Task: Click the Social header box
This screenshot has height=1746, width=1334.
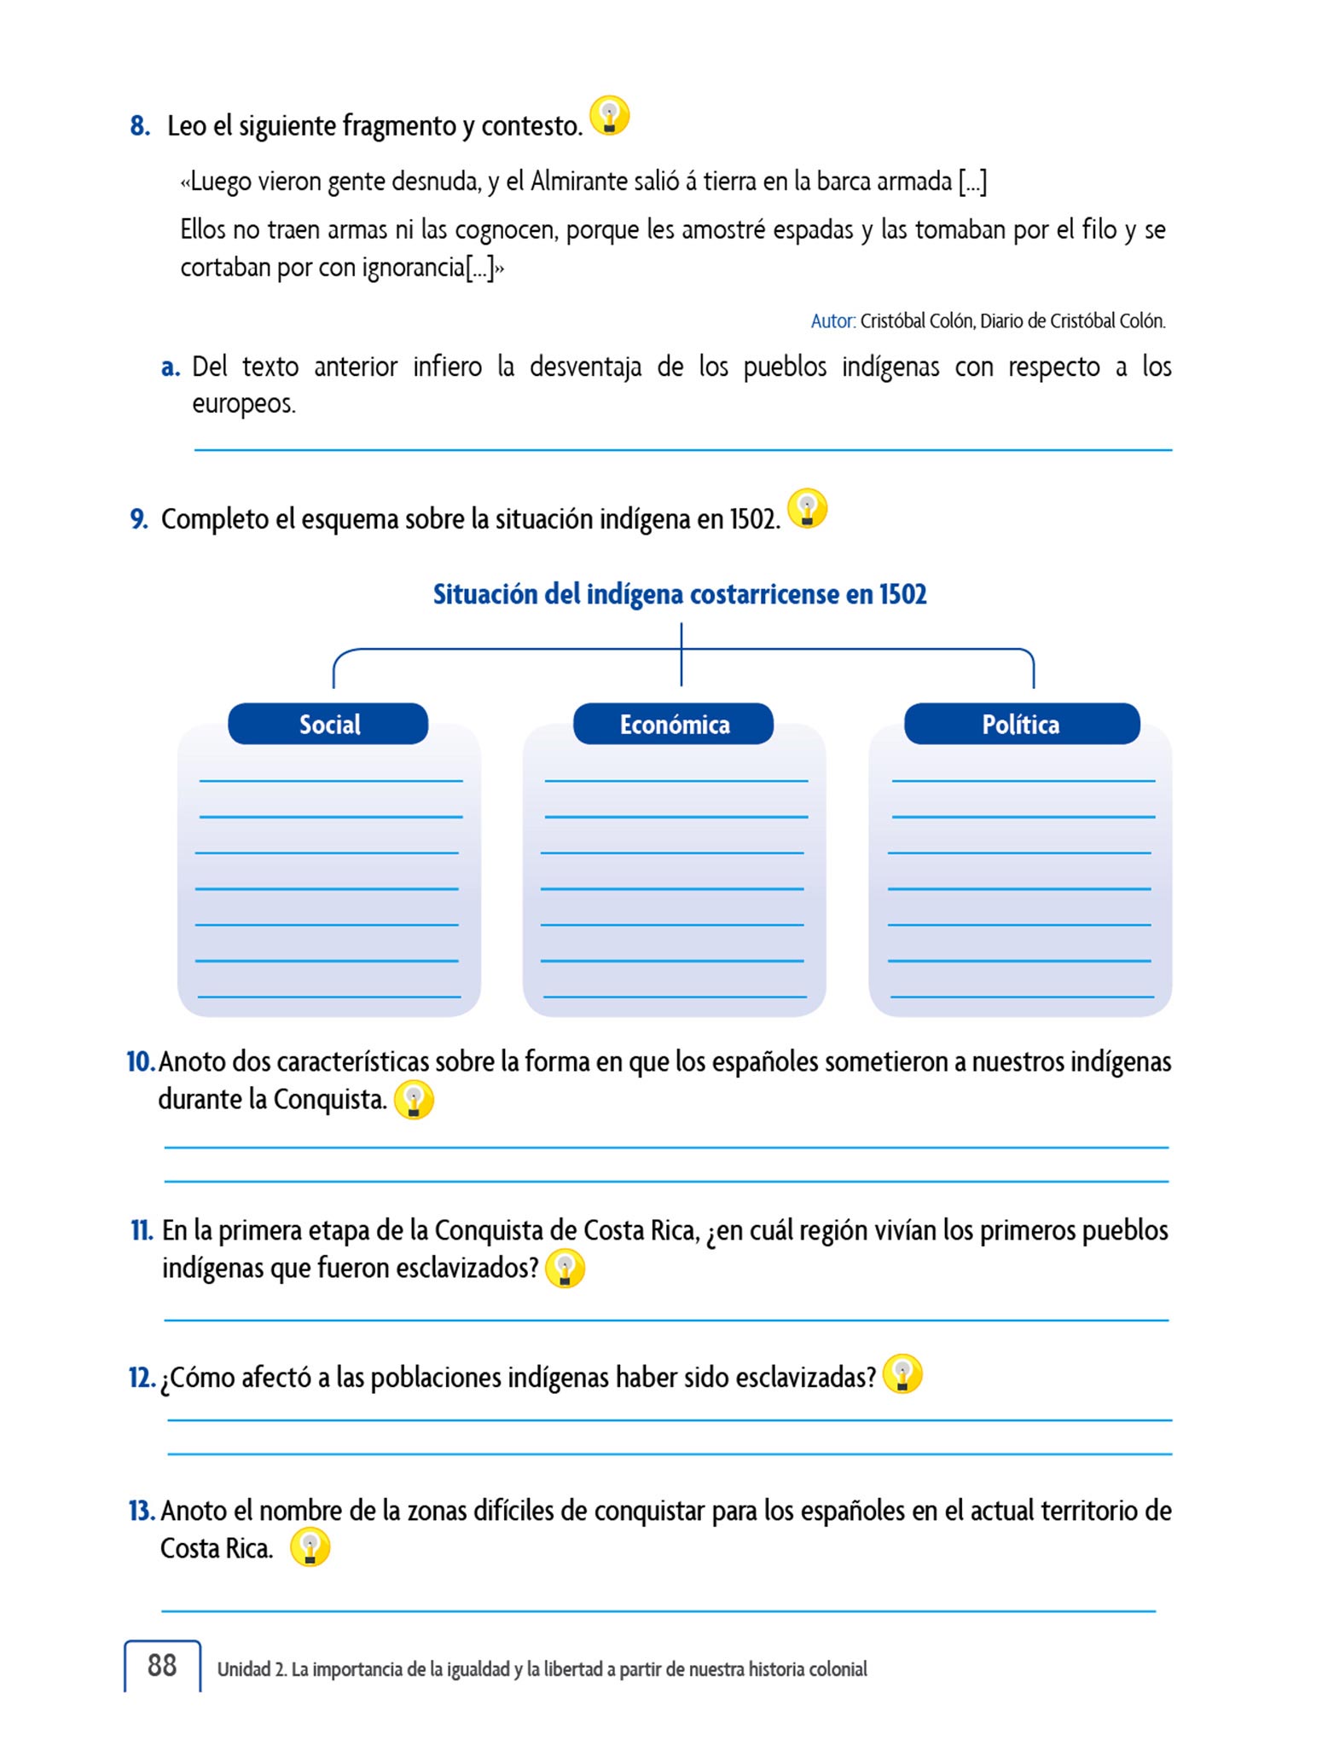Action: (328, 724)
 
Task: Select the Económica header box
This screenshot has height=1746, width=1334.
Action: (674, 724)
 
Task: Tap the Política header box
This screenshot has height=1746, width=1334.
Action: (1021, 724)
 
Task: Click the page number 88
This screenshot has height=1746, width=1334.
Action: (162, 1665)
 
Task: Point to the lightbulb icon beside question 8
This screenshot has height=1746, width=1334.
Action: (610, 115)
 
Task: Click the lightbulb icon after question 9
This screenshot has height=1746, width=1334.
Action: (807, 508)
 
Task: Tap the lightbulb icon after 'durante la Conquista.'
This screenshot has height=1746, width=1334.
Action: (414, 1100)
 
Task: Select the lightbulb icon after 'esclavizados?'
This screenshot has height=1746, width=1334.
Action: (565, 1269)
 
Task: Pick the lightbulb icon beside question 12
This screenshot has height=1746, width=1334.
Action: (902, 1374)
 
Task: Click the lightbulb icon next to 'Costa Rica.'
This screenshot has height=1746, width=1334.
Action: (310, 1547)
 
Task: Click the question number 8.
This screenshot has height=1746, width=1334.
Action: (140, 126)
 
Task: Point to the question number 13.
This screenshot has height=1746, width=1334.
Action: (141, 1511)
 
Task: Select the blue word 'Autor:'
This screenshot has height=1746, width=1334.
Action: (832, 321)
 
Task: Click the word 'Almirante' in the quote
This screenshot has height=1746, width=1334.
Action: (571, 182)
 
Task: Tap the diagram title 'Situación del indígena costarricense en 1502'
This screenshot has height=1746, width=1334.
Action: (680, 594)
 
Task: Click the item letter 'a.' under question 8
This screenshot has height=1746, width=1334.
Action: (171, 367)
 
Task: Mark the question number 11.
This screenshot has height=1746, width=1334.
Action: (141, 1231)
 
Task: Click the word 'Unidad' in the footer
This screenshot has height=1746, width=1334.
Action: (243, 1669)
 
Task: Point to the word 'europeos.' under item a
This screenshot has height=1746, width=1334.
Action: (244, 404)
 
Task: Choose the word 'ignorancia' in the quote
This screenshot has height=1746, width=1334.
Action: (413, 268)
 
